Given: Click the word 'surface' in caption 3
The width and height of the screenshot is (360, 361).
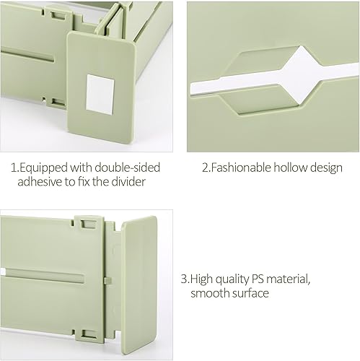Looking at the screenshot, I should point(252,294).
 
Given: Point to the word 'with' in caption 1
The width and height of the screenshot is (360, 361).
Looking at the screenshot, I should point(81,168).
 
